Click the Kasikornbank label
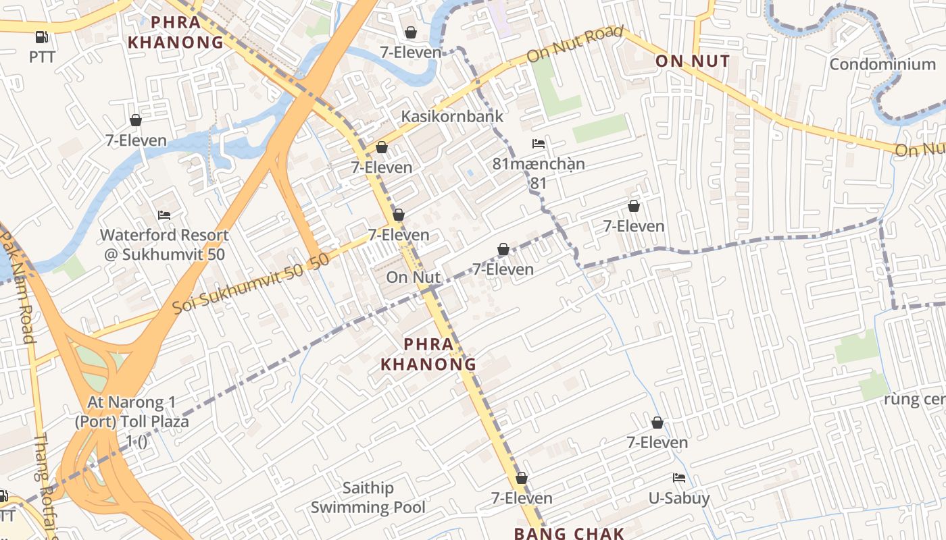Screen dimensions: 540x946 point(452,116)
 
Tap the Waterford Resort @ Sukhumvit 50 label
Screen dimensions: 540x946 point(164,244)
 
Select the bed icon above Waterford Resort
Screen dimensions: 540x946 point(164,215)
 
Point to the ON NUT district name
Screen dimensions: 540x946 point(693,61)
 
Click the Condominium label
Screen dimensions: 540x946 point(882,65)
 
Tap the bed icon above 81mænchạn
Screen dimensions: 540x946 point(539,144)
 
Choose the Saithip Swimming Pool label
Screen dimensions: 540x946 point(368,497)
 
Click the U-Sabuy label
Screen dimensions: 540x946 point(679,499)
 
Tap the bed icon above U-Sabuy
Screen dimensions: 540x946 point(679,478)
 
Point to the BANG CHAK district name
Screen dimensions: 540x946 point(569,533)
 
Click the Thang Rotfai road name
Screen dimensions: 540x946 point(47,483)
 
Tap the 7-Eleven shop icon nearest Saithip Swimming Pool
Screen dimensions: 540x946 point(521,479)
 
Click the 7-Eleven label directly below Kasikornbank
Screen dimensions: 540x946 point(382,167)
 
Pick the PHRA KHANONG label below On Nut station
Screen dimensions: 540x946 point(428,354)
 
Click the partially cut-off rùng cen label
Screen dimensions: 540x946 point(914,400)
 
